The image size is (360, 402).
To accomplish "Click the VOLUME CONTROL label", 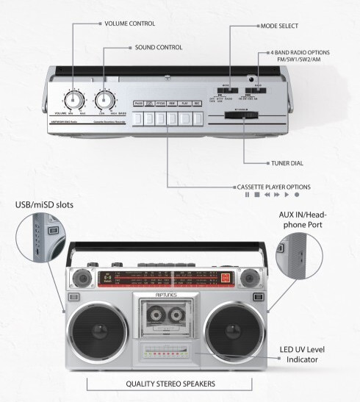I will point(129,24).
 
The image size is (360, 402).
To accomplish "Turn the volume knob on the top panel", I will point(73,100).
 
